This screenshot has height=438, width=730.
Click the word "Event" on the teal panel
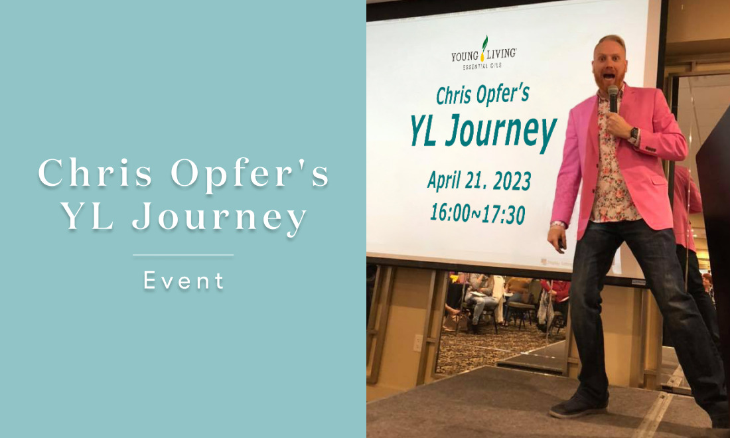(183, 281)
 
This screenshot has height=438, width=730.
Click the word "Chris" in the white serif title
(96, 173)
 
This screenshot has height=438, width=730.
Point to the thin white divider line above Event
(183, 255)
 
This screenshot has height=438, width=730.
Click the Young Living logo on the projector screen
(484, 52)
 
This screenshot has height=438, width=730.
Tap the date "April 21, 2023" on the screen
(479, 181)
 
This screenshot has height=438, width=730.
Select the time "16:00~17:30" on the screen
(478, 213)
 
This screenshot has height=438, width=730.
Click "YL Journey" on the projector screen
(482, 131)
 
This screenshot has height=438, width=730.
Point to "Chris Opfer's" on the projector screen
(482, 94)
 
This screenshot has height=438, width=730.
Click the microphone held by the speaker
(613, 98)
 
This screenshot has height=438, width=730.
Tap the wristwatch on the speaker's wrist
(633, 135)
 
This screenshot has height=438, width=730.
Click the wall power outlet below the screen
(418, 343)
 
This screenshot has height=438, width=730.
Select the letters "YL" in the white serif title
(88, 216)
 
